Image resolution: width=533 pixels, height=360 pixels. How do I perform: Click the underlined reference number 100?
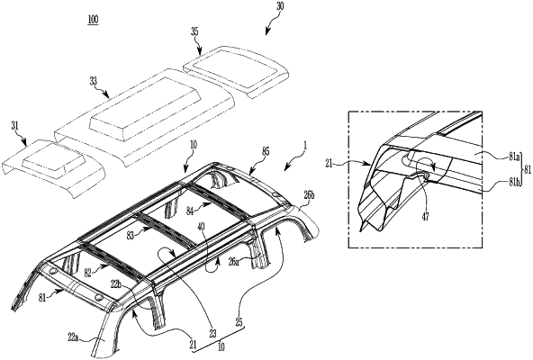pyautogui.click(x=93, y=19)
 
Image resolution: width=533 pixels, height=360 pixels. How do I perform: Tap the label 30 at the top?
pyautogui.click(x=280, y=7)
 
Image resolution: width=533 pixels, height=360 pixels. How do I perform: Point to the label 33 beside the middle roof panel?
pyautogui.click(x=93, y=81)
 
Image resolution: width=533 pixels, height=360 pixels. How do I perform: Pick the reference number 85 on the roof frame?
pyautogui.click(x=266, y=151)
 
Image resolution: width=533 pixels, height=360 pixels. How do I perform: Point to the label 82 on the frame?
pyautogui.click(x=88, y=273)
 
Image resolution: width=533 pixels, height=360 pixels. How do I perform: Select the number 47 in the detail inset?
pyautogui.click(x=425, y=217)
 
